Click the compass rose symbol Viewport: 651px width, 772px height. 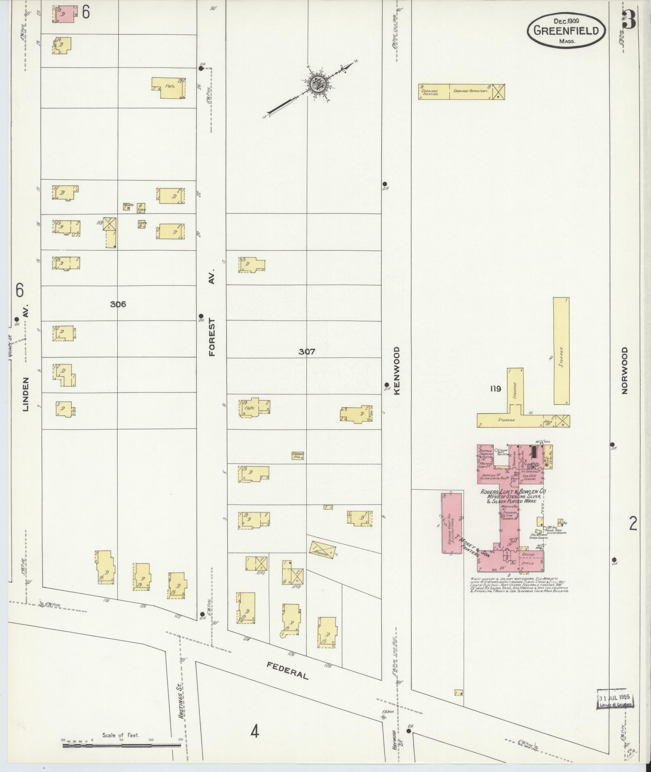(319, 84)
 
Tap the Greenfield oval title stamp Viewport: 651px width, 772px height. (567, 30)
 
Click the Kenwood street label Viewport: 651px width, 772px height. (396, 370)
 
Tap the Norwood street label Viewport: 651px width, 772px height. (625, 370)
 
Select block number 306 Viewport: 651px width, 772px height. (118, 304)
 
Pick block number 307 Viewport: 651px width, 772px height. (307, 352)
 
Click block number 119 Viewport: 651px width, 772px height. (496, 389)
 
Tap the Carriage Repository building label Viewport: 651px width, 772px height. (471, 92)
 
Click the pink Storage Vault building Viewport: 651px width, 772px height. (452, 522)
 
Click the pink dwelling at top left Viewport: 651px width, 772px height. (65, 14)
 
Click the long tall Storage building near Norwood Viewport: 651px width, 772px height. (561, 351)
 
